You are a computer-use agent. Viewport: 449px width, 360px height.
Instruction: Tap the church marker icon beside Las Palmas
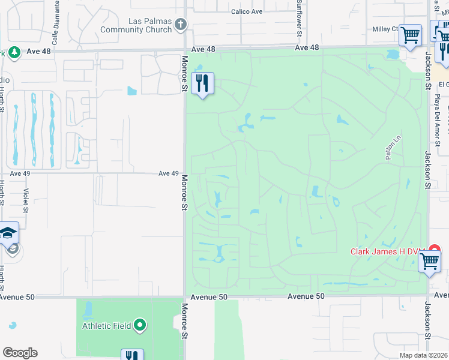(181, 25)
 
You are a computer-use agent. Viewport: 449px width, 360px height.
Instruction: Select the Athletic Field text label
(106, 326)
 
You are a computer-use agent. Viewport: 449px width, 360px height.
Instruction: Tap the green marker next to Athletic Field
(140, 326)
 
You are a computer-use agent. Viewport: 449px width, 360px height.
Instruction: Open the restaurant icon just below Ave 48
(203, 83)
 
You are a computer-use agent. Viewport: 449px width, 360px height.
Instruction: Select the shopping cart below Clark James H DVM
(430, 262)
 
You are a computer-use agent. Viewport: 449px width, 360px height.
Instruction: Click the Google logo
(20, 353)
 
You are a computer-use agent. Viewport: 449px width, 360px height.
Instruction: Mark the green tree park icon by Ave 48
(14, 52)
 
